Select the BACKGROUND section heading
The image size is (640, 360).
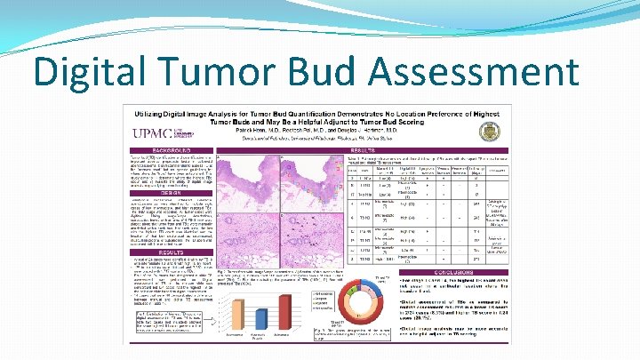[x=169, y=151]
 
